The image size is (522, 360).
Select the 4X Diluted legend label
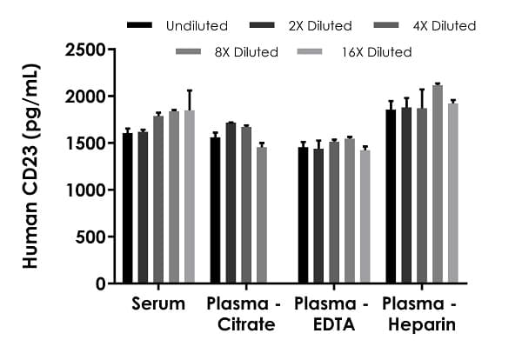tap(445, 26)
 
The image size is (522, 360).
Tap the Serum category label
tap(158, 304)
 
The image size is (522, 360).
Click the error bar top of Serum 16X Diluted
tap(190, 90)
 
